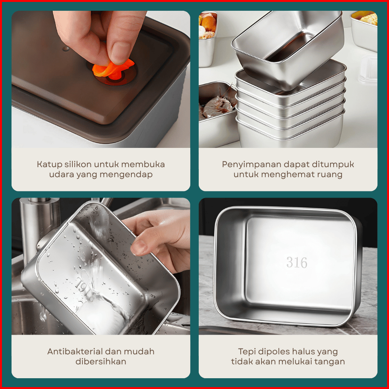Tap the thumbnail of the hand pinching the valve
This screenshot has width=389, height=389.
pyautogui.click(x=101, y=79)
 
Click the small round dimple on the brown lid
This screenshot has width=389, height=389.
pyautogui.click(x=66, y=49)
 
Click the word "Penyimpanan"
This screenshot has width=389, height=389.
pyautogui.click(x=252, y=165)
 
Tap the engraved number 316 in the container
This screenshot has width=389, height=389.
pyautogui.click(x=297, y=262)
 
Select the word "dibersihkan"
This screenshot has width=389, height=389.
pyautogui.click(x=101, y=362)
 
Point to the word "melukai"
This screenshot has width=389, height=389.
pyautogui.click(x=297, y=362)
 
